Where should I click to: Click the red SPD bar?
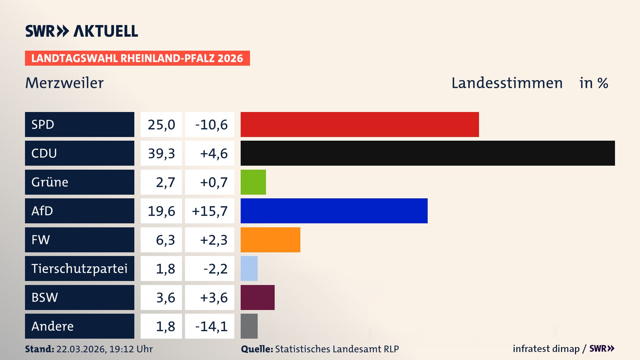coord(359,124)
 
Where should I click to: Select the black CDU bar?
coord(427,153)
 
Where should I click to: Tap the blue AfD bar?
coord(334,211)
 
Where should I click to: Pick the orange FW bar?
coord(270,240)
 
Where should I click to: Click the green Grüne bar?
coord(253,182)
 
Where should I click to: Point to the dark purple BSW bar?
coord(257,297)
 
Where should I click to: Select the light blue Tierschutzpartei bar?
coord(249,268)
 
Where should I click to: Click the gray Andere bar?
coord(249,326)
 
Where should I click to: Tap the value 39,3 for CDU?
coord(161,153)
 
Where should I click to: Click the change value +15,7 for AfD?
coord(210,211)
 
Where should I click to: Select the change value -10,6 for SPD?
coord(211,125)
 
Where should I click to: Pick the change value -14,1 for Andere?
coord(211,326)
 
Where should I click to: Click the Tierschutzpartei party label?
coord(79,268)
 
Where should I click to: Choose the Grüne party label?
coord(50,182)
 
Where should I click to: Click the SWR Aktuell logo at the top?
coord(81,31)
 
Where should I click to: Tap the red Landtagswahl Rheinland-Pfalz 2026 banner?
coord(137,58)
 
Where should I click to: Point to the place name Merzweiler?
coord(64,83)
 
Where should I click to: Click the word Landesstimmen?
coord(507,83)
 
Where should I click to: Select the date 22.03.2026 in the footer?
coord(81,349)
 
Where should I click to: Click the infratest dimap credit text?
coord(546,349)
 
